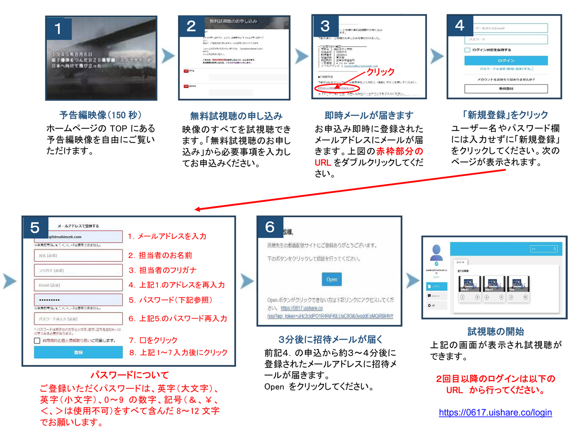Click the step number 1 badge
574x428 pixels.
[x=58, y=28]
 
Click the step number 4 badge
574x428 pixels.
[x=460, y=26]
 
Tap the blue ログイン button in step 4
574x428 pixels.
[x=506, y=60]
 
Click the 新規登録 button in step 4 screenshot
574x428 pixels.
[x=506, y=88]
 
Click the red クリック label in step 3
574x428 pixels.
[x=380, y=72]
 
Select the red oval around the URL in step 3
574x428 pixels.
[x=337, y=88]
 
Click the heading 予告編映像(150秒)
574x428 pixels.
[x=100, y=115]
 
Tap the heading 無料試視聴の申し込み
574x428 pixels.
[x=236, y=116]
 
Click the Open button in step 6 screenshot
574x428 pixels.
[x=331, y=279]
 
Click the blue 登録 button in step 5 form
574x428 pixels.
[x=78, y=352]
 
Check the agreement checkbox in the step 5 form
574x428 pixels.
[x=37, y=340]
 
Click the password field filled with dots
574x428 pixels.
[x=78, y=300]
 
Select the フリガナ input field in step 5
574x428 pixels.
[x=78, y=270]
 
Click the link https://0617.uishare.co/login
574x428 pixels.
[x=495, y=412]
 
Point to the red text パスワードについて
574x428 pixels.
[x=129, y=375]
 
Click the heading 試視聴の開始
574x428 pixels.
[x=496, y=332]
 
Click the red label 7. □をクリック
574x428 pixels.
[x=153, y=340]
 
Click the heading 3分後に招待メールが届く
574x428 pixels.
[x=330, y=339]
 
